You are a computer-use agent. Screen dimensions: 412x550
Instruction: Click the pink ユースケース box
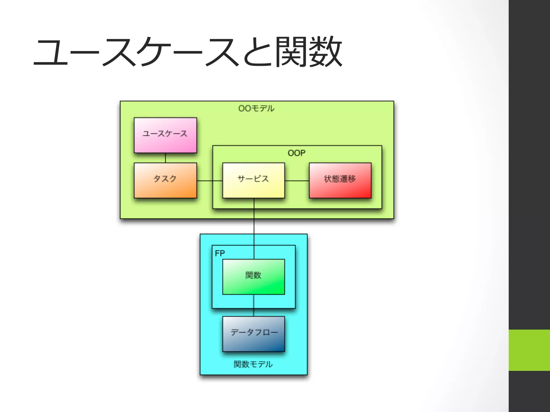coord(165,135)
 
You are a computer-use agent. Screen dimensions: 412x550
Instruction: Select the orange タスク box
coord(165,180)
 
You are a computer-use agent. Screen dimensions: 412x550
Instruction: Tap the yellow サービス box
coord(254,180)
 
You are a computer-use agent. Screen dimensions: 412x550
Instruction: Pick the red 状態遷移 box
coord(340,180)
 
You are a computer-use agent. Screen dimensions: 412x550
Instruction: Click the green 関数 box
coord(254,277)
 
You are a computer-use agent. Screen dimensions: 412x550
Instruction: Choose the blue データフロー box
coord(254,334)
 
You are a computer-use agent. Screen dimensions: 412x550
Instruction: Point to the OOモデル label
coord(256,108)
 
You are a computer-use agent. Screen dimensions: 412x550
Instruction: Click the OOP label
coord(296,153)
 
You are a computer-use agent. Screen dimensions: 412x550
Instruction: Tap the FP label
coord(220,253)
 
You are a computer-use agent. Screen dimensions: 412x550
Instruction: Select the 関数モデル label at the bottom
coord(253,364)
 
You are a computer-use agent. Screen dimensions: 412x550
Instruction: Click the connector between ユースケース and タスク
coord(165,158)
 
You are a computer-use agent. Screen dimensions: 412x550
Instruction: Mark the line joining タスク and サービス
coord(209,181)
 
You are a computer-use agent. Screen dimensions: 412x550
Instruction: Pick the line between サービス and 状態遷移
coord(297,181)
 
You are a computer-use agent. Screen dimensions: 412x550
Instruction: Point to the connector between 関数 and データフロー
coord(254,305)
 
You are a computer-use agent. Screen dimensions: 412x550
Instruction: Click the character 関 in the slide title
coord(292,51)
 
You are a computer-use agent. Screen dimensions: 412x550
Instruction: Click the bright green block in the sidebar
coord(529,350)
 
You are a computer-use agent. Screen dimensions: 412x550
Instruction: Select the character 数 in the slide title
coord(325,51)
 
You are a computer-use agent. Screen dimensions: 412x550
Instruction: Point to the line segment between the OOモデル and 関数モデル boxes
coord(254,226)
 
